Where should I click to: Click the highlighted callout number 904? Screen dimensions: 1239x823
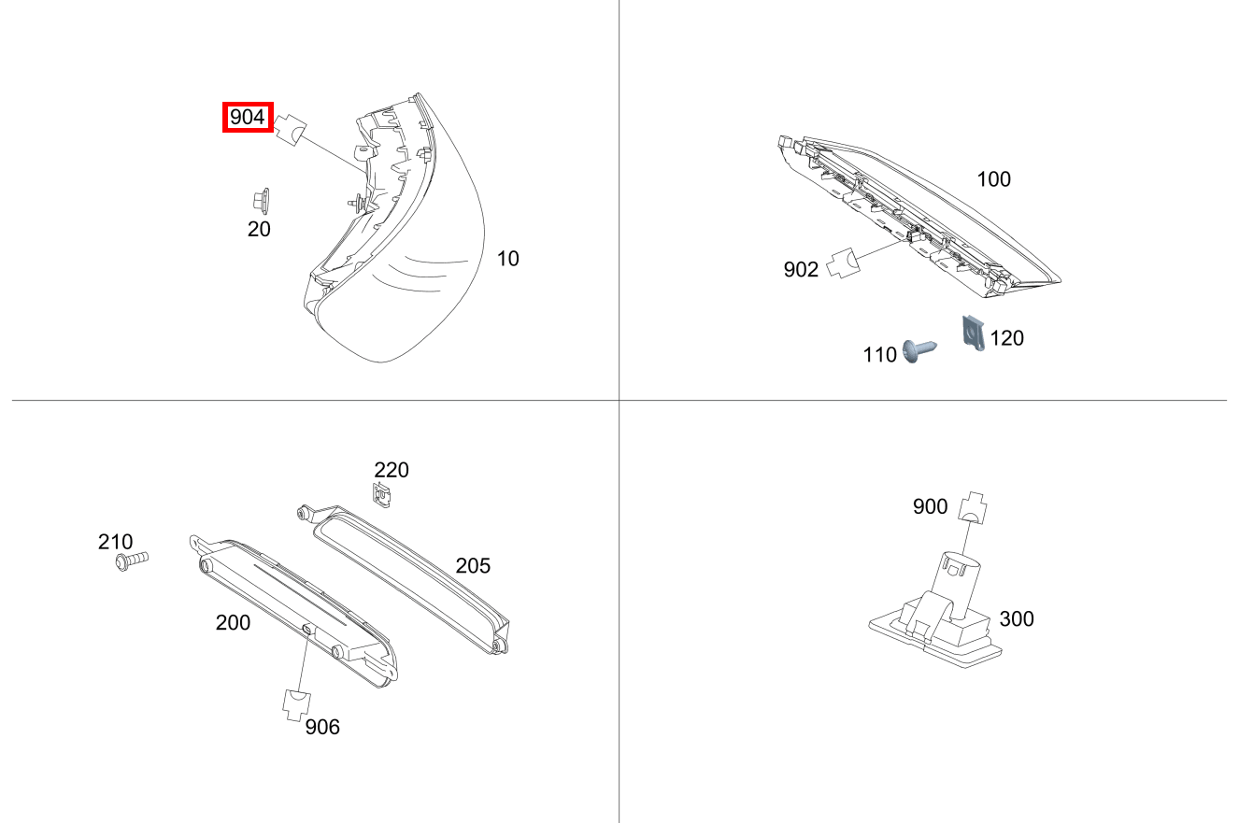coord(248,118)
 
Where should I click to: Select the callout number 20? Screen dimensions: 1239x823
coord(259,229)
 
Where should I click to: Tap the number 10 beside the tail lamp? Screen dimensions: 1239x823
coord(507,258)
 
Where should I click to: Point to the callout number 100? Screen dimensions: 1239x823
coord(993,179)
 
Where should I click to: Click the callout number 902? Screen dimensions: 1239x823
coord(801,269)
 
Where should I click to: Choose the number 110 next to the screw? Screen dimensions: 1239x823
coord(879,355)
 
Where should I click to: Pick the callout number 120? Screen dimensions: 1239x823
coord(1006,338)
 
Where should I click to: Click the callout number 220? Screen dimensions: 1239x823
coord(392,470)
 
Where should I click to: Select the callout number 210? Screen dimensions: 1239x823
coord(115,542)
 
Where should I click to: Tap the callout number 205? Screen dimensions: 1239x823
coord(473,566)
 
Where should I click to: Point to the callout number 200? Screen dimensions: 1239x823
coord(233,623)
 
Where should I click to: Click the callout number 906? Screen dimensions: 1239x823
coord(322,728)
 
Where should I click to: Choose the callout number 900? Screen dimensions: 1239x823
coord(930,506)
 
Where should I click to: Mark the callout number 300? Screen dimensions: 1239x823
coord(1016,619)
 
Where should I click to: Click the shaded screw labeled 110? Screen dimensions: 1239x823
coord(919,350)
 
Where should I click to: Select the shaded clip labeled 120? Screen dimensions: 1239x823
coord(974,333)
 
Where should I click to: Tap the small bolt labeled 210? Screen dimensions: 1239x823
coord(132,560)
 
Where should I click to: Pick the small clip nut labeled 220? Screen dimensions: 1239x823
coord(381,495)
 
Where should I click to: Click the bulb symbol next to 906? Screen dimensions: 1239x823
coord(296,705)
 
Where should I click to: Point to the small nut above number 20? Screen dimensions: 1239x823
coord(261,201)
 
